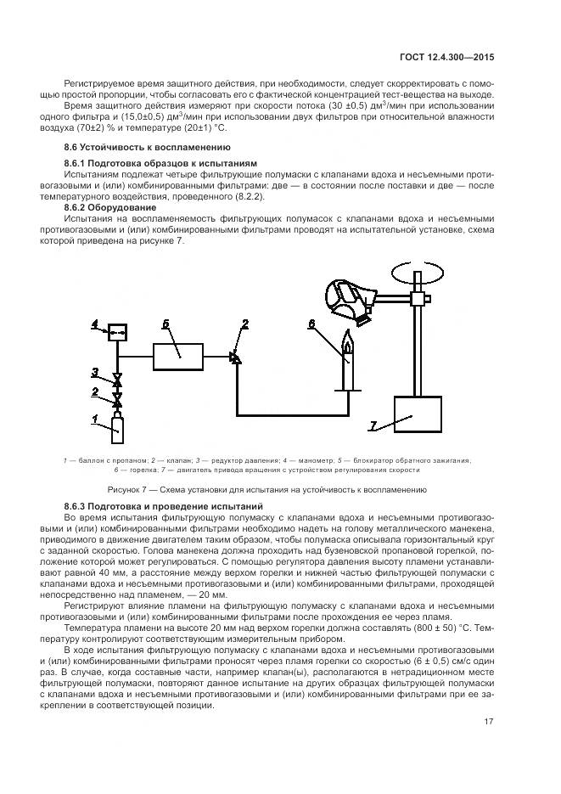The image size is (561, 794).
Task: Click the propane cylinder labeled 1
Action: pyautogui.click(x=118, y=429)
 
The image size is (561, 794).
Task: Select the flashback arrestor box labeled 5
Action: pyautogui.click(x=178, y=356)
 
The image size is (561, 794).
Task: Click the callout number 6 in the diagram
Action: pyautogui.click(x=311, y=324)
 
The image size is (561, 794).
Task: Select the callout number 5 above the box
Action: pyautogui.click(x=166, y=324)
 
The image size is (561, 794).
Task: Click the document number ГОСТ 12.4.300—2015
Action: pyautogui.click(x=448, y=58)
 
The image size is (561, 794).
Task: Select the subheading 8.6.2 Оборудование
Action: pyautogui.click(x=109, y=206)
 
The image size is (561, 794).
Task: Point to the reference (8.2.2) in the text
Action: pyautogui.click(x=246, y=196)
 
